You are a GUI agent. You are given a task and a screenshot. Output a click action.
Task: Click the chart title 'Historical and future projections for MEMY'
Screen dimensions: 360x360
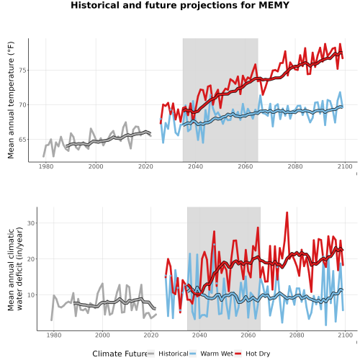180,5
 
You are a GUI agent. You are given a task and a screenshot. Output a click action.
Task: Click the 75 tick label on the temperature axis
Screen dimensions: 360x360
23,71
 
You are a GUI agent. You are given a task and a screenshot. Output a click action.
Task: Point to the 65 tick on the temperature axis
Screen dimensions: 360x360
23,140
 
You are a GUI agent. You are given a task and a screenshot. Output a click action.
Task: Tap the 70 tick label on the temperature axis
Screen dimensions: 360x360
23,105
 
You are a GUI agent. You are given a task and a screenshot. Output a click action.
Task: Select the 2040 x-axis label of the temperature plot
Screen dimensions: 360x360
195,166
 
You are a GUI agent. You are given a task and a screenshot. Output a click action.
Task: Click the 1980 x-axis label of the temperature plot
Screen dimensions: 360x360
46,166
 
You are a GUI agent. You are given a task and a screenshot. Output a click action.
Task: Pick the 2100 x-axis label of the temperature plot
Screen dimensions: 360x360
345,166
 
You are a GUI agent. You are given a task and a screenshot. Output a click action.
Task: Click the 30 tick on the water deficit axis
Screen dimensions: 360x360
31,223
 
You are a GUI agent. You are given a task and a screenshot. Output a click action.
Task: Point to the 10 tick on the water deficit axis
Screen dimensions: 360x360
31,294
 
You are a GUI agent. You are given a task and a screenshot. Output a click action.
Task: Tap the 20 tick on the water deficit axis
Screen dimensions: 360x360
31,259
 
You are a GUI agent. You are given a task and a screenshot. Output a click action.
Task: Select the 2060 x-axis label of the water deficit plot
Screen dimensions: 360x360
248,335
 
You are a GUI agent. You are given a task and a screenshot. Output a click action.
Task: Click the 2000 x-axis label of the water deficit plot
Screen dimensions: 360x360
102,335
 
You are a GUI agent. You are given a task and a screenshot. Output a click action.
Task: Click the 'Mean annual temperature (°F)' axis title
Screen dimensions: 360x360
11,100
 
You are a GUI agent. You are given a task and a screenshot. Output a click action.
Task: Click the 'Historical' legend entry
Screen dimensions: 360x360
174,354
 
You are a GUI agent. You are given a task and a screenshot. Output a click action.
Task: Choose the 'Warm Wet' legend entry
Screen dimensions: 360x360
217,354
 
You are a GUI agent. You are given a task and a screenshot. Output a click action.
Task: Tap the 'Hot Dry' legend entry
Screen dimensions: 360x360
258,354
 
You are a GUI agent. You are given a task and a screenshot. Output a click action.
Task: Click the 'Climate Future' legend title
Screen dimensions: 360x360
120,354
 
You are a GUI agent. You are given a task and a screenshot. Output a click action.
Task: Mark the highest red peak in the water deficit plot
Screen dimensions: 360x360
287,212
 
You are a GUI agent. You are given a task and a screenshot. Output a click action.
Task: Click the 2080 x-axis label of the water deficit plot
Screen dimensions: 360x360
297,335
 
